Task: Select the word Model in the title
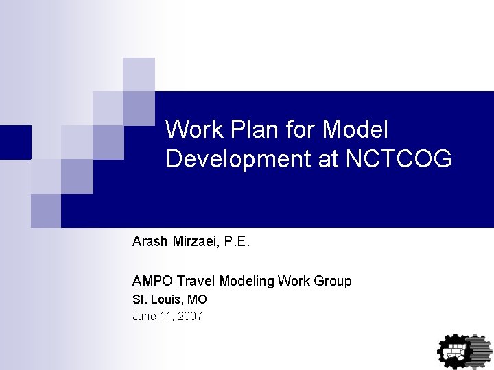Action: (355, 129)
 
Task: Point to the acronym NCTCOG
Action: (399, 159)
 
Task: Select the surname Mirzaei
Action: (195, 241)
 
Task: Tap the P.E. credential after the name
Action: (237, 241)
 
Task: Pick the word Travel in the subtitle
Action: (196, 281)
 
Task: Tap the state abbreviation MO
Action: (198, 299)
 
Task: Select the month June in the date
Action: (144, 316)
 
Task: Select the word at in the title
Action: (328, 159)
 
